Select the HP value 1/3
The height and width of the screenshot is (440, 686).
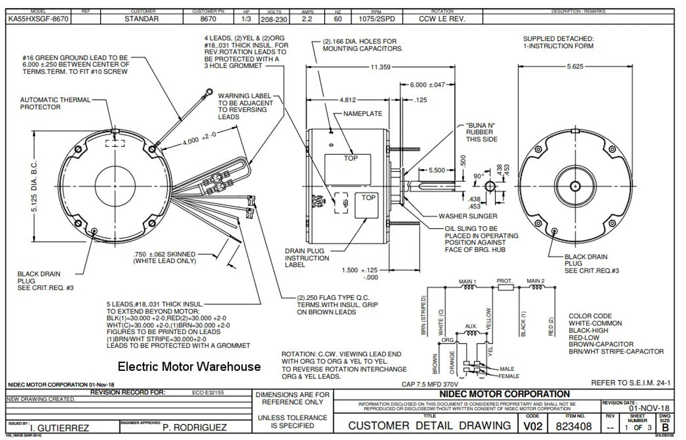tap(242, 18)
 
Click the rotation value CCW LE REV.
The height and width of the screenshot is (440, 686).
tap(442, 18)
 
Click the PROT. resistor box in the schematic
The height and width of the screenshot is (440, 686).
tap(506, 287)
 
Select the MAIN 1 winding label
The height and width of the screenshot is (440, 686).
tap(468, 281)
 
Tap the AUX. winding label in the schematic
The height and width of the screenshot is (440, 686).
tap(471, 326)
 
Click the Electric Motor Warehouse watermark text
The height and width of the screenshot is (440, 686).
tap(189, 367)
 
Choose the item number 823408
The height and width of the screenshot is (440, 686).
tap(575, 426)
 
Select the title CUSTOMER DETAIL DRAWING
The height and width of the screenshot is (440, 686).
tap(429, 426)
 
